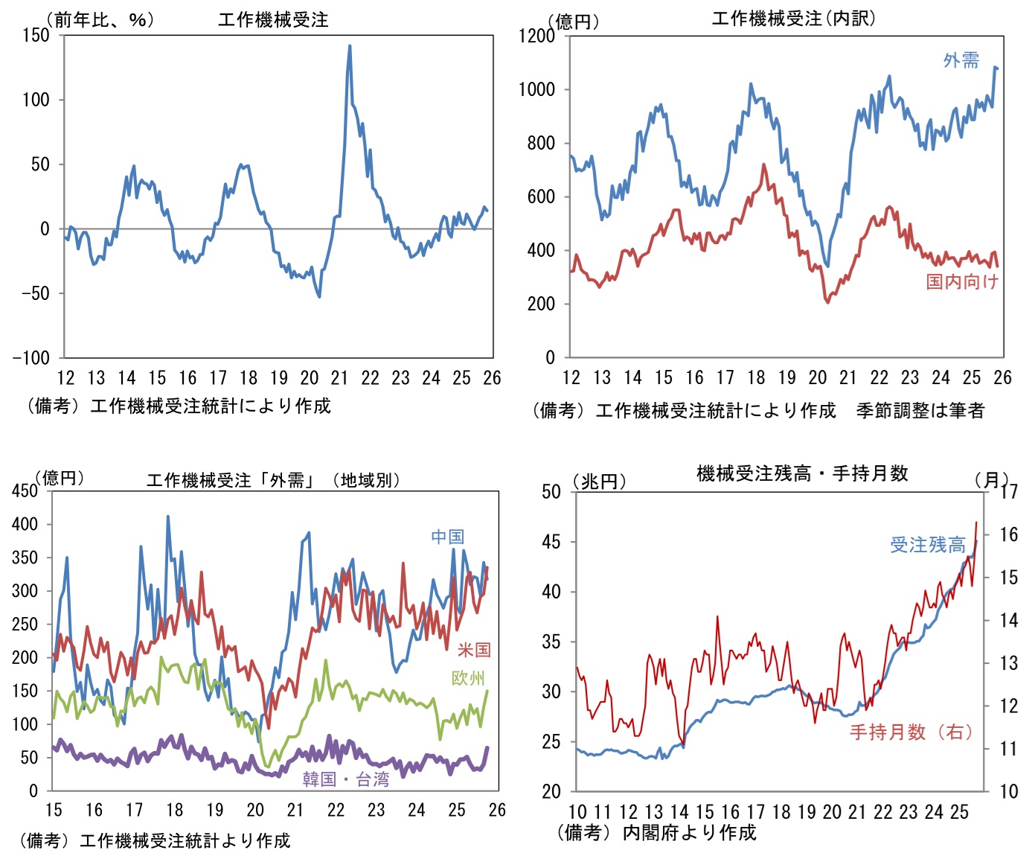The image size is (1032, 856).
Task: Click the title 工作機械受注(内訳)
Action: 793,19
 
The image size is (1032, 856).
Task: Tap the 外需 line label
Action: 961,60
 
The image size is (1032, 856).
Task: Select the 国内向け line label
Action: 961,281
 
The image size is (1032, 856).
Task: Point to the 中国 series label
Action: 447,537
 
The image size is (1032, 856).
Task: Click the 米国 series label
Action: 474,650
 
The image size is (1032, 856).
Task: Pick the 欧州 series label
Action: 468,678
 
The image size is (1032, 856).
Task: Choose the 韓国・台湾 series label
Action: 346,779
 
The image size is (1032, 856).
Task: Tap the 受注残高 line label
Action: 928,545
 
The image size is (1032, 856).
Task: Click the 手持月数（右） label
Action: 911,732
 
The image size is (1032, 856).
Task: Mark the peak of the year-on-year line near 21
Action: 350,46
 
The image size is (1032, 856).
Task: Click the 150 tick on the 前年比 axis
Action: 36,35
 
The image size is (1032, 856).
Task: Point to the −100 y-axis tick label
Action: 31,357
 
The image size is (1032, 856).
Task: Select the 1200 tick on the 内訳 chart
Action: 537,36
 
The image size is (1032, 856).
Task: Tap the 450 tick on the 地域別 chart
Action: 25,491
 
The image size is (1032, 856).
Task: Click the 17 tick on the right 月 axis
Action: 1008,492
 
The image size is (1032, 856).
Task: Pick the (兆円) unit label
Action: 599,482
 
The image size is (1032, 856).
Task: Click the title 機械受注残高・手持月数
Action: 802,473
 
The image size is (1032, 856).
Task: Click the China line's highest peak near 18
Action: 167,516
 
